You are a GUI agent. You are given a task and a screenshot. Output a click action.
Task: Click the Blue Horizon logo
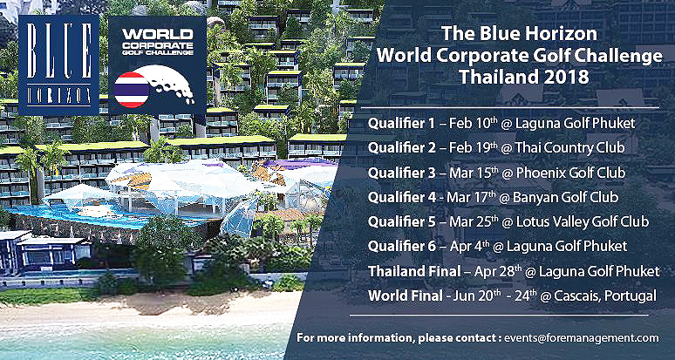(x=59, y=65)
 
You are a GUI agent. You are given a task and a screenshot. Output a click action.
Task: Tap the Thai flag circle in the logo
(x=132, y=90)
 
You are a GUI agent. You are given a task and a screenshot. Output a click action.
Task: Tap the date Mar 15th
(x=476, y=172)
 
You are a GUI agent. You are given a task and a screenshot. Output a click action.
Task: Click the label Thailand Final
(x=414, y=271)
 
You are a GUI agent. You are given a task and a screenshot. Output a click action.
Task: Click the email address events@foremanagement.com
(x=582, y=337)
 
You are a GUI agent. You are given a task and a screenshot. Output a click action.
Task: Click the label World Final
(x=405, y=295)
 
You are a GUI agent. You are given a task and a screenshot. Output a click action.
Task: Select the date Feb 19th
(x=471, y=148)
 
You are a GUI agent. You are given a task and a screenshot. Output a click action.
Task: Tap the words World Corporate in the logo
(x=158, y=38)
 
